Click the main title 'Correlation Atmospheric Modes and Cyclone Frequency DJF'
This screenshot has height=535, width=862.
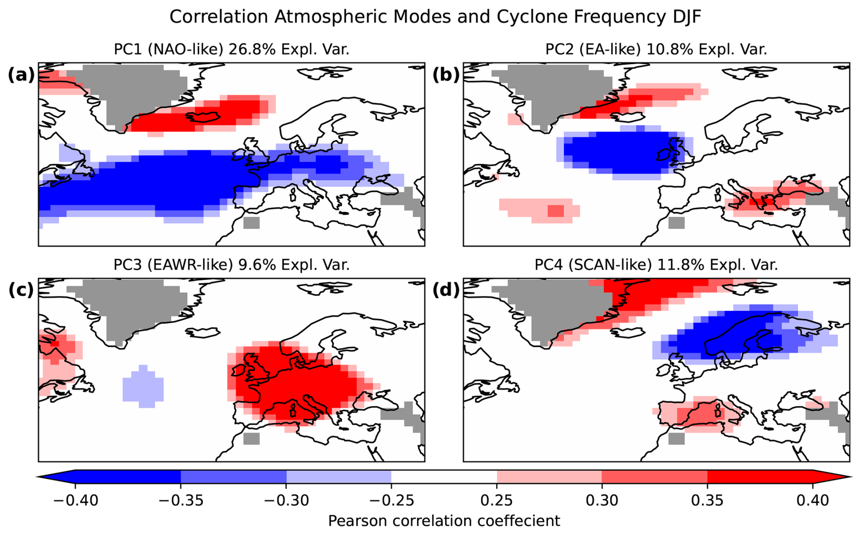(435, 17)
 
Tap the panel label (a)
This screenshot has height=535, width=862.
(21, 75)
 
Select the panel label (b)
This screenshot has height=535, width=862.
(446, 75)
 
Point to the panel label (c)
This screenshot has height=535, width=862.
(21, 290)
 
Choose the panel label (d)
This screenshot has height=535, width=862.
(446, 290)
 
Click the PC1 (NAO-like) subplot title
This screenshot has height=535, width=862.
(231, 49)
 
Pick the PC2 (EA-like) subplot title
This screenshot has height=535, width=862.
(656, 49)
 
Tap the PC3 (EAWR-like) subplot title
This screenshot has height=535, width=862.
(231, 265)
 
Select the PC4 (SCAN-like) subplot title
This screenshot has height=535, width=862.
(656, 265)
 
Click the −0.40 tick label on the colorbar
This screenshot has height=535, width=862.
(76, 500)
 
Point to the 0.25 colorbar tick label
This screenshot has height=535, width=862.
(497, 500)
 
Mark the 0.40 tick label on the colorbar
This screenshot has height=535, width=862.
(813, 500)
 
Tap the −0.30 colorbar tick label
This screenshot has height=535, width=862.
(286, 500)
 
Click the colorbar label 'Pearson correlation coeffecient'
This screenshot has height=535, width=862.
(444, 520)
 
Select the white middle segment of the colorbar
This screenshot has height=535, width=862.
(444, 477)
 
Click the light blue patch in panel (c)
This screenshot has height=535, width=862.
(143, 386)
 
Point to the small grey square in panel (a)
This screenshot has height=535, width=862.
(251, 223)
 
